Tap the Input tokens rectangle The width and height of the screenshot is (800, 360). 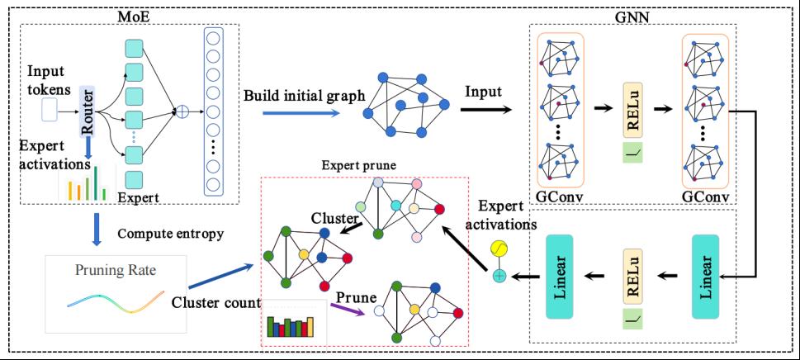coord(49,108)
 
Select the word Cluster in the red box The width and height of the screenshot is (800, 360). coord(334,219)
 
